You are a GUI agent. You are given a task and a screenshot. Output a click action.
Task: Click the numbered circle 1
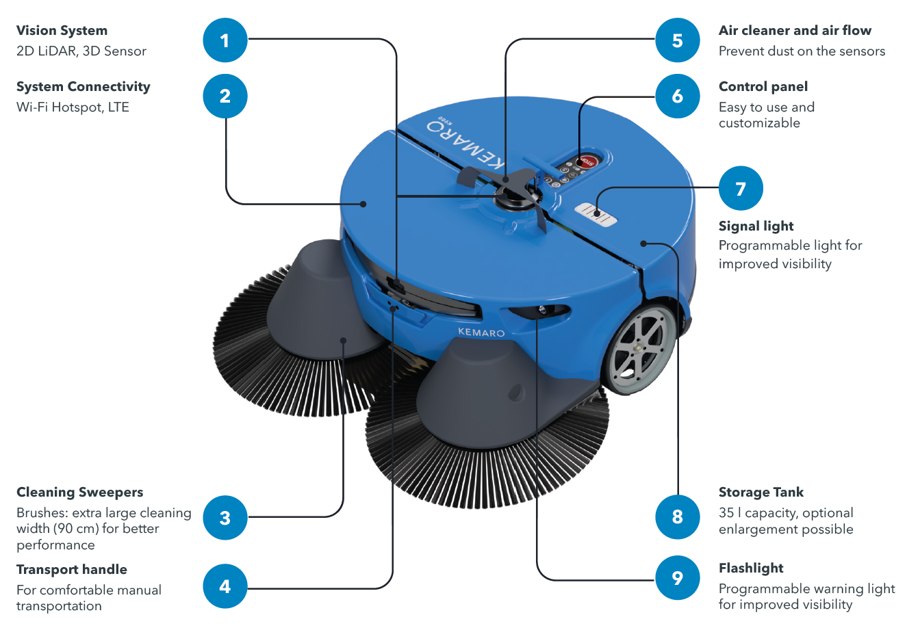pos(225,40)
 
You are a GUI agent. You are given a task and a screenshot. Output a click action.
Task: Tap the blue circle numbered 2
pos(225,96)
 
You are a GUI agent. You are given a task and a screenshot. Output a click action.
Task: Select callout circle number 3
pos(225,518)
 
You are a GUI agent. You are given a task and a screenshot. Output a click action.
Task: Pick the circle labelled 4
pos(225,586)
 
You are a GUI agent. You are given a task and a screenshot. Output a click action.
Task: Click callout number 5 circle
pos(677,40)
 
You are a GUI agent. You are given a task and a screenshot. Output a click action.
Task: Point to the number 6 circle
pos(677,96)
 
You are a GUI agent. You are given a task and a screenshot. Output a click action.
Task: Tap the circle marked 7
pos(741,188)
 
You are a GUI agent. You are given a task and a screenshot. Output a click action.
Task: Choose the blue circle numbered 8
pos(677,516)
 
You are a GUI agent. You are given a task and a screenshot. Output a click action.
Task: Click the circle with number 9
pos(677,578)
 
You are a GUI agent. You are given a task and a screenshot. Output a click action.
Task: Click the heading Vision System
pos(62,31)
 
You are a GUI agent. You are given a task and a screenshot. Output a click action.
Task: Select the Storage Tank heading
pos(761,493)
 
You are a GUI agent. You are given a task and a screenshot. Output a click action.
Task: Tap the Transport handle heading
pos(72,570)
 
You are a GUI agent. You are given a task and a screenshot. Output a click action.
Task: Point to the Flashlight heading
pos(751,568)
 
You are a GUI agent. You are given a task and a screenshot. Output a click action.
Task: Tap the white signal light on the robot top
pos(596,213)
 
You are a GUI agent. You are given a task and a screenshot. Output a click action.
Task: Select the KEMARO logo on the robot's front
pos(481,332)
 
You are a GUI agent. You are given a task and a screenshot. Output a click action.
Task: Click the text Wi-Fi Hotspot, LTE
pos(73,107)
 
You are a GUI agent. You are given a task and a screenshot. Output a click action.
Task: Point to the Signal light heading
pos(756,226)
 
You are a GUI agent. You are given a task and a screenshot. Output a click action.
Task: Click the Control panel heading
pos(763,87)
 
